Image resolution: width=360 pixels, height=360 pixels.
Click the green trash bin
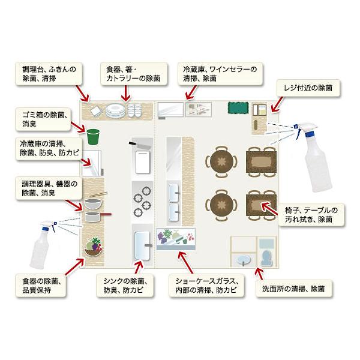93,137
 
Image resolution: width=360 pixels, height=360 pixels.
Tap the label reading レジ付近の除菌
308,88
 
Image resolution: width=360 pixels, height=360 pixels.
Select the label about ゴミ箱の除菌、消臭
43,119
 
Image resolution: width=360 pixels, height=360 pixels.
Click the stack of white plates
116,110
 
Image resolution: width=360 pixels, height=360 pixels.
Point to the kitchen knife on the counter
140,145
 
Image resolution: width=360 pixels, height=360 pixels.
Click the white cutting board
143,162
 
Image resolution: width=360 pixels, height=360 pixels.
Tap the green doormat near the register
238,108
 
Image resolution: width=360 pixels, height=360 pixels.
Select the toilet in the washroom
266,257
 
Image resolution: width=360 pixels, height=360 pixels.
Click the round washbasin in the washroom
244,260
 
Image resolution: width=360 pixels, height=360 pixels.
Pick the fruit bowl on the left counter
93,247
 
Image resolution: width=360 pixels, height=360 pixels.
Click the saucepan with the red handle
97,217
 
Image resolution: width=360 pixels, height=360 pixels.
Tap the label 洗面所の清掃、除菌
293,289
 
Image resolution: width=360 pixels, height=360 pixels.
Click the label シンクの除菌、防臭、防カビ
125,286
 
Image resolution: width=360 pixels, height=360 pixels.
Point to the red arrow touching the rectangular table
269,209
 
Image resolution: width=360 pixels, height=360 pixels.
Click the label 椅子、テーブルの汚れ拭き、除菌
311,215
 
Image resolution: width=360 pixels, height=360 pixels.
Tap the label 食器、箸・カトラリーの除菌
134,74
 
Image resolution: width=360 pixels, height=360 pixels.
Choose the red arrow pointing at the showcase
186,262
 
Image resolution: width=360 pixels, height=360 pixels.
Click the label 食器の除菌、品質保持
41,286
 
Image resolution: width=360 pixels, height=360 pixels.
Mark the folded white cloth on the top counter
97,112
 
